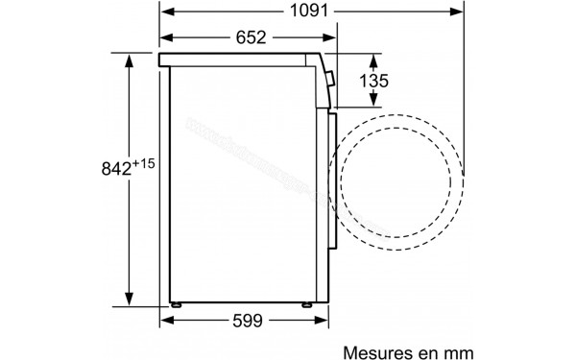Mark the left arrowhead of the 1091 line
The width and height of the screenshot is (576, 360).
[164, 12]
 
